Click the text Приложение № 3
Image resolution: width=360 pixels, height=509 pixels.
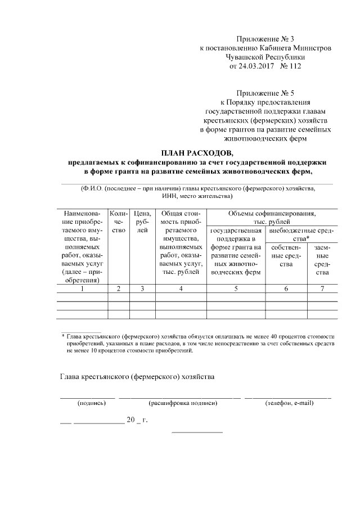(265, 39)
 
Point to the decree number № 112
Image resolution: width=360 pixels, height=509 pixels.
(291, 66)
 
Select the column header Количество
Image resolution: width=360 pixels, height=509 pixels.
(118, 222)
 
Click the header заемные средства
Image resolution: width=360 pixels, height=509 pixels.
(322, 260)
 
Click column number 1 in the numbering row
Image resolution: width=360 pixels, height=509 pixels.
(82, 289)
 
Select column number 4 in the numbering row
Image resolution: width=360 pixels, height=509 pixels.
(180, 289)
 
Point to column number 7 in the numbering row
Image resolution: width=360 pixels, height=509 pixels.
(322, 289)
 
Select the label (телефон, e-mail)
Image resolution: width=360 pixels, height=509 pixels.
(289, 403)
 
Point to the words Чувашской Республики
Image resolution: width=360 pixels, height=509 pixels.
(265, 57)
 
